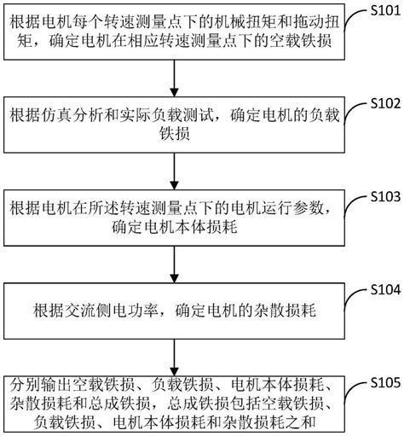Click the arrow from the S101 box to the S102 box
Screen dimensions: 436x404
(174, 78)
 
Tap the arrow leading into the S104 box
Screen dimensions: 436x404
(174, 265)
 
